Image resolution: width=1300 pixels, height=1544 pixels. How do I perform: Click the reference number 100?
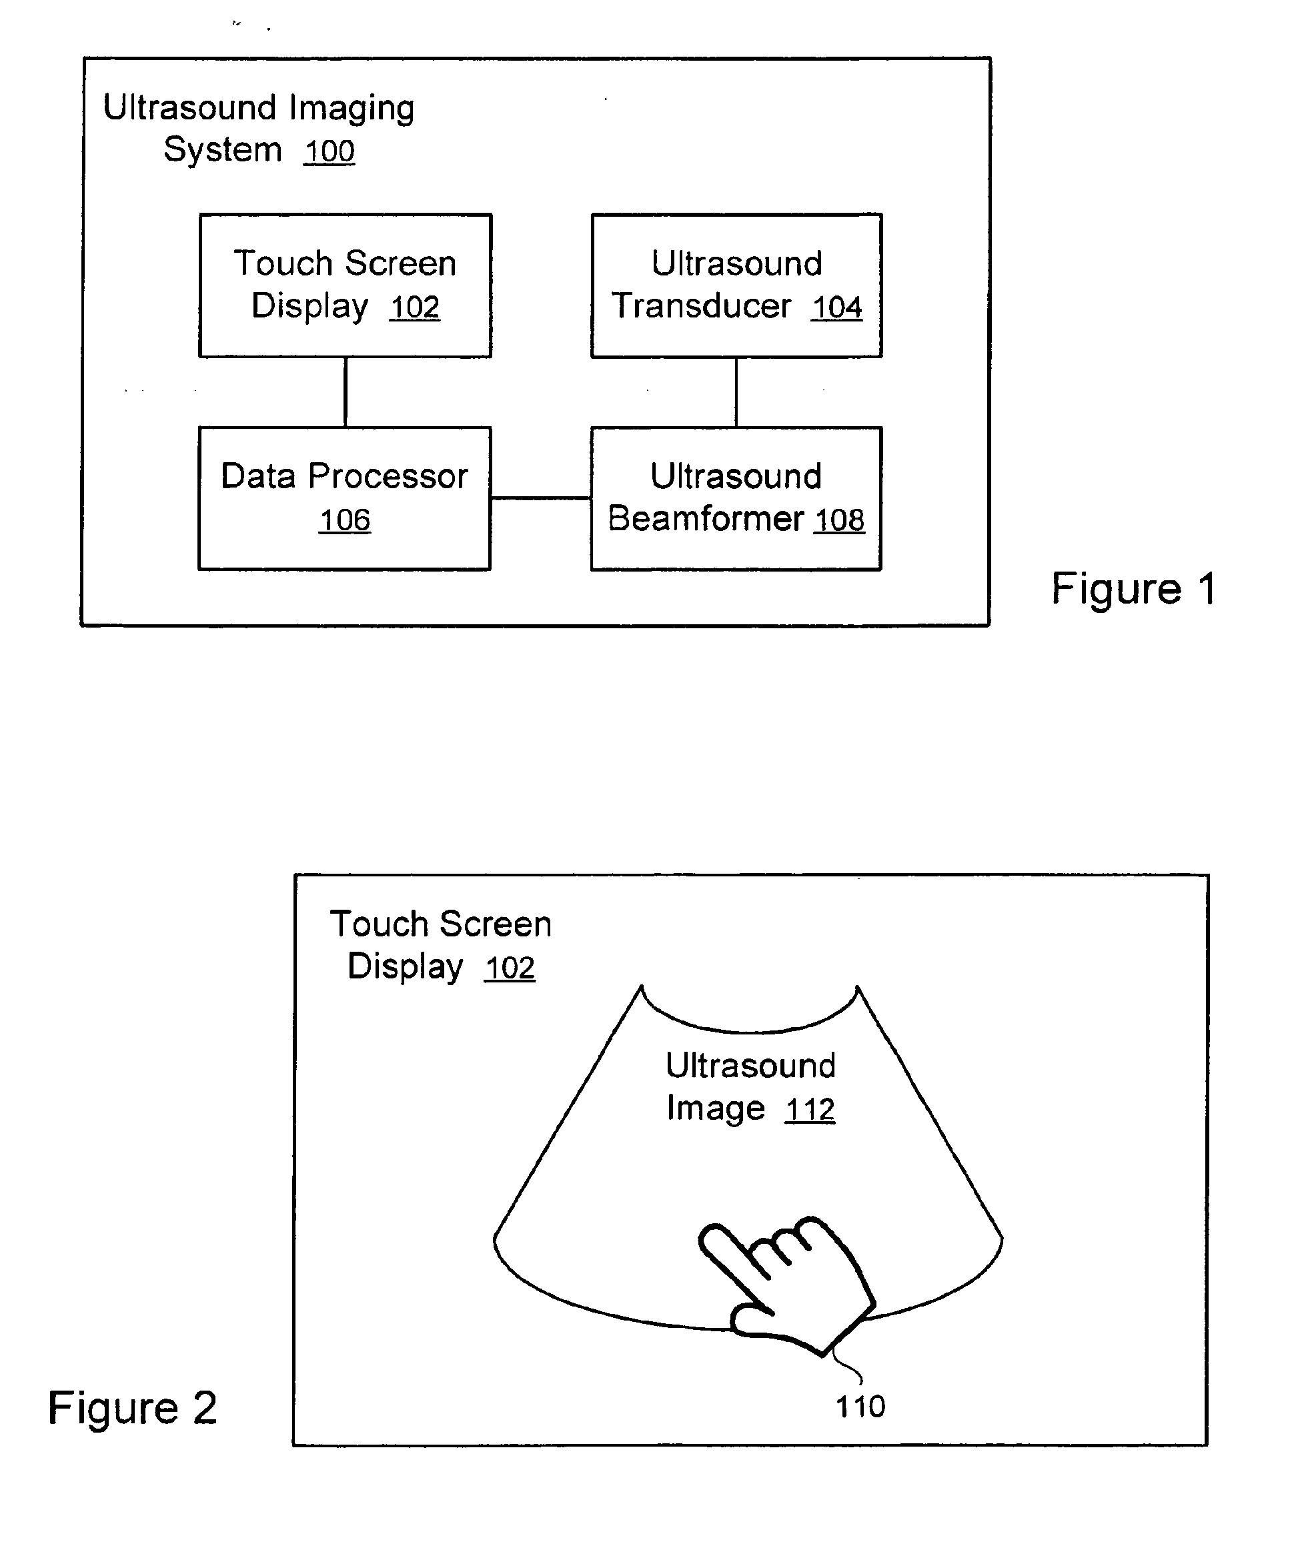tap(330, 152)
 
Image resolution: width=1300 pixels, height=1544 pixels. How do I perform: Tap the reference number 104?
tap(837, 307)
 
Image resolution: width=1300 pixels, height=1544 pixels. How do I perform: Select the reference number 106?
tap(345, 520)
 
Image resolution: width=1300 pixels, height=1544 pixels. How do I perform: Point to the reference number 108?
tap(839, 520)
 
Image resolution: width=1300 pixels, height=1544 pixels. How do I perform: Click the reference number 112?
tap(810, 1109)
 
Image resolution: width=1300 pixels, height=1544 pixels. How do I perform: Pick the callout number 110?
tap(860, 1407)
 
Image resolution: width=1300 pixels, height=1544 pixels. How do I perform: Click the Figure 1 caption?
tap(1133, 589)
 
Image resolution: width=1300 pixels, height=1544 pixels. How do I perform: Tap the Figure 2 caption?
tap(133, 1409)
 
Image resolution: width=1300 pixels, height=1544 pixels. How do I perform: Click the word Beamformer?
tap(706, 518)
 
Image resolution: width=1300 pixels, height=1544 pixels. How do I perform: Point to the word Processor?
tap(388, 476)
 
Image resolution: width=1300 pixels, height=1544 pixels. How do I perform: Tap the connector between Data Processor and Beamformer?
tap(541, 498)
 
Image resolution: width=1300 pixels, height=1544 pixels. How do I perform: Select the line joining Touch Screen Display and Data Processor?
tap(346, 392)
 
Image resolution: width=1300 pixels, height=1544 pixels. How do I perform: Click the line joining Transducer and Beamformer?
tap(736, 392)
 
